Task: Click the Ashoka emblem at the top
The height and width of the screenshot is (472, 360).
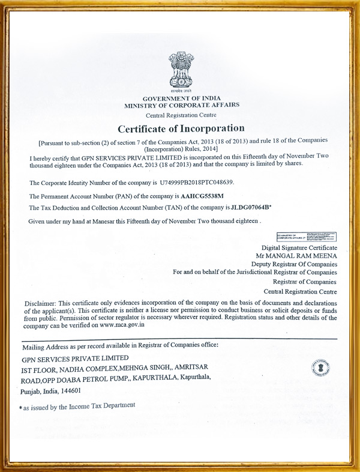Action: (x=181, y=71)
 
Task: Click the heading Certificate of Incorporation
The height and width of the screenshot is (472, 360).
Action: (x=181, y=129)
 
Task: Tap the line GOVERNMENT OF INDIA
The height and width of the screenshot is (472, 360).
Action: (x=181, y=98)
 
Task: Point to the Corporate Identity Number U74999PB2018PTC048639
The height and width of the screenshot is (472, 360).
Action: (x=196, y=182)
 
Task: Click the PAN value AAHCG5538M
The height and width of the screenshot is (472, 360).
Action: (x=202, y=196)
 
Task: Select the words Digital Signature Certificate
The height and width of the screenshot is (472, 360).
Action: (x=299, y=247)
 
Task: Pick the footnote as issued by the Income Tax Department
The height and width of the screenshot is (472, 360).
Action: (x=79, y=407)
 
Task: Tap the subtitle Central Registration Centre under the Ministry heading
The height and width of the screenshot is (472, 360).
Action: (x=181, y=115)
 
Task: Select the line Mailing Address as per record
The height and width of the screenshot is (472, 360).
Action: (x=120, y=346)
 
